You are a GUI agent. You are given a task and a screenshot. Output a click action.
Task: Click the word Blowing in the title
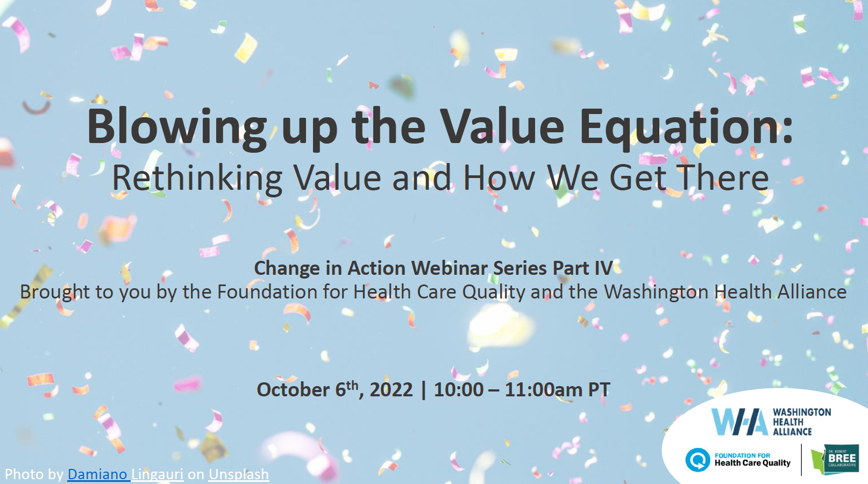tap(177, 129)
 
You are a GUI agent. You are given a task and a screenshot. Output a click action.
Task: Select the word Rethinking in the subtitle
tap(197, 178)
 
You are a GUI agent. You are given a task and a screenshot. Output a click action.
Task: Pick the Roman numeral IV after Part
tap(603, 268)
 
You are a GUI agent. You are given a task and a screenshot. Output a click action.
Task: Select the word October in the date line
tap(293, 389)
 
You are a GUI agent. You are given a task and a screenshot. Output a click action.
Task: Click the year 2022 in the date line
tap(391, 389)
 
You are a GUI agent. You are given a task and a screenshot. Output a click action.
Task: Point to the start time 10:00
tap(459, 389)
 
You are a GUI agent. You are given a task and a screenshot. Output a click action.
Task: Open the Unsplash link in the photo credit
tap(239, 475)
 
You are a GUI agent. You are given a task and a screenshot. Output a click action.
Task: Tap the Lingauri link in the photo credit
tap(158, 475)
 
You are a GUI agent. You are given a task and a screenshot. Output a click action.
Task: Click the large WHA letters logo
tap(739, 422)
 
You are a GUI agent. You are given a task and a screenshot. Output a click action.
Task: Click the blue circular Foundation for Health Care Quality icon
tap(698, 460)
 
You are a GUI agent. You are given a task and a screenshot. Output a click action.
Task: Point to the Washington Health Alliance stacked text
tap(802, 422)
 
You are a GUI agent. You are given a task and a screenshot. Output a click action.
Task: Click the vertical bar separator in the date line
tap(423, 389)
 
